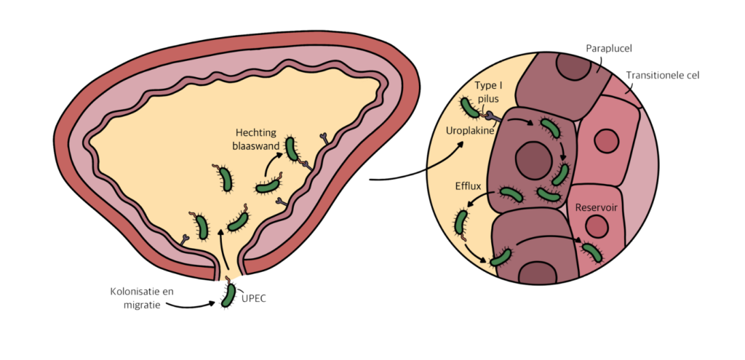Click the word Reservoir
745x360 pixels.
pos(597,208)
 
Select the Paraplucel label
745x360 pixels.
pos(609,48)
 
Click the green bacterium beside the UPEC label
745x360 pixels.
pos(230,295)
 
